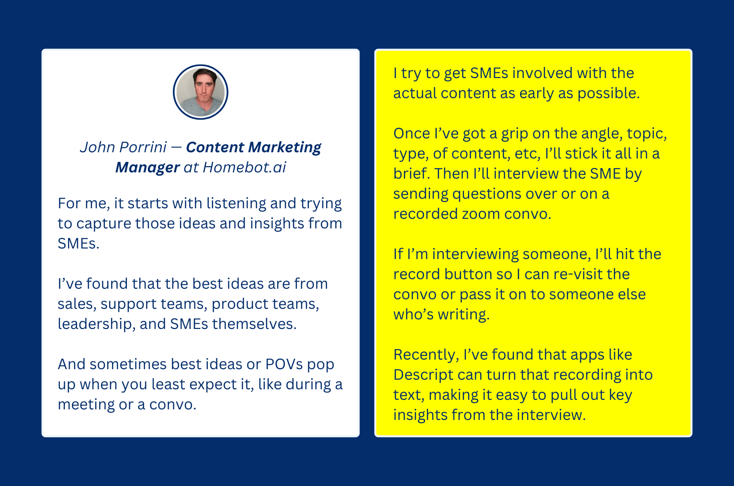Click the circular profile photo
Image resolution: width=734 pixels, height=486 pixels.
(201, 92)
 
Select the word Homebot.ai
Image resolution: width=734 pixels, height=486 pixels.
(245, 167)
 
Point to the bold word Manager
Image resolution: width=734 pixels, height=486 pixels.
(147, 168)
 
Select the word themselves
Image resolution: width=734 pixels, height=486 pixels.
(254, 324)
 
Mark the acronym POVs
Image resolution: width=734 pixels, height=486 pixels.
(284, 364)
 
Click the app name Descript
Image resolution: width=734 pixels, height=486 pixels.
(424, 375)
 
